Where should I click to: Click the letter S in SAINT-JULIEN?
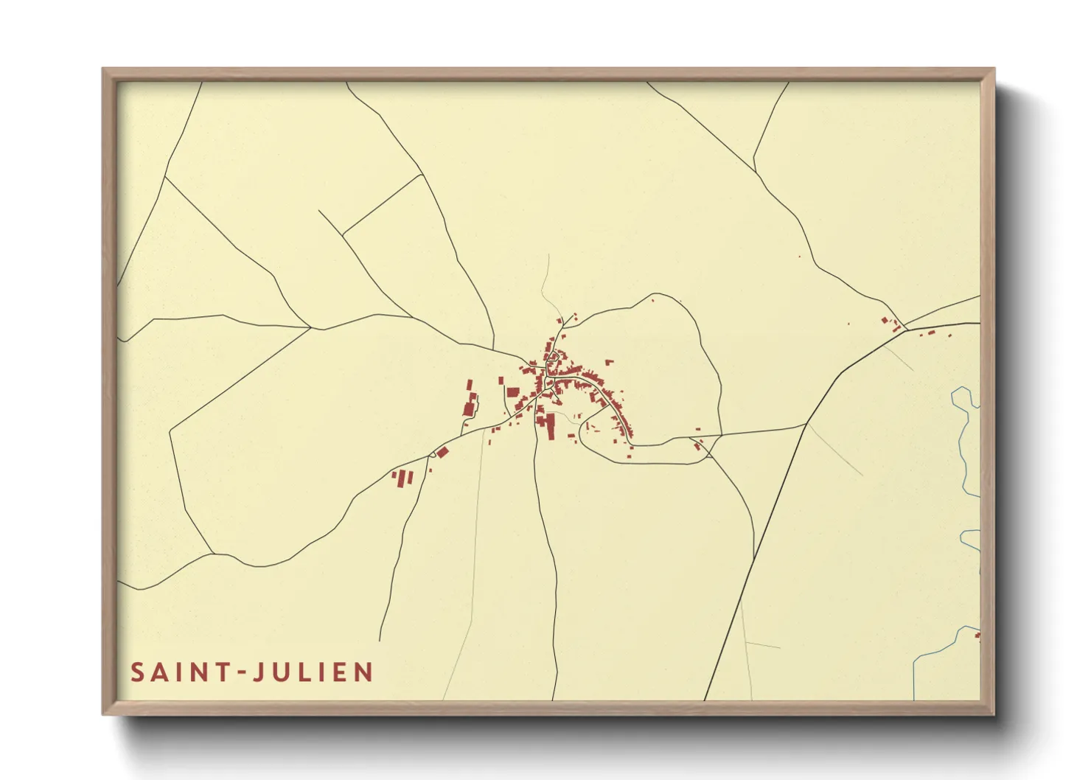[138, 672]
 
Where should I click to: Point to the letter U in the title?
[281, 672]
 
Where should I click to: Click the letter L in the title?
[304, 672]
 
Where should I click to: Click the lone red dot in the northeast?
[799, 257]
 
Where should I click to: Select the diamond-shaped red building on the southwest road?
[442, 452]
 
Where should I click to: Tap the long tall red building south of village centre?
[550, 426]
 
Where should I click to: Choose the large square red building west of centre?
[513, 391]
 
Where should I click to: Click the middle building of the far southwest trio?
[402, 478]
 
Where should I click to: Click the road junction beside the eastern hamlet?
[904, 326]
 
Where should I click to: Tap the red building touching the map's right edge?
[977, 634]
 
